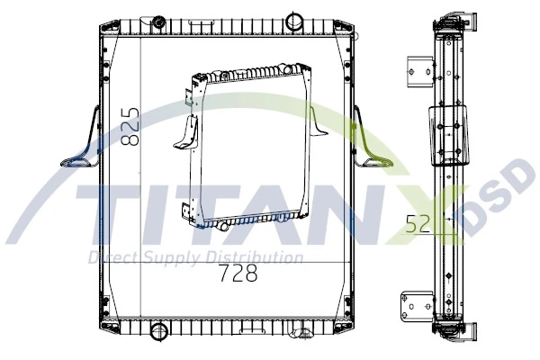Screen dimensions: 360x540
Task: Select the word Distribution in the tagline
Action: point(253,259)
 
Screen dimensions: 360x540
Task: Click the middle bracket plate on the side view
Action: point(450,135)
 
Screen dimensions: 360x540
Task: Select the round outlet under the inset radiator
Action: point(220,227)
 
